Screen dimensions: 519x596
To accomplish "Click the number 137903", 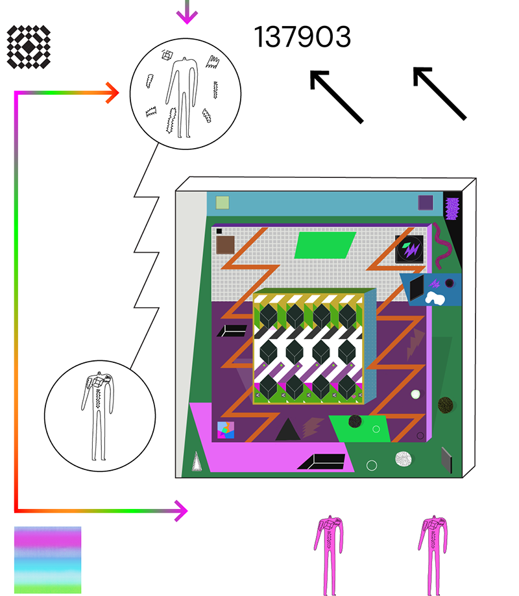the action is [302, 37].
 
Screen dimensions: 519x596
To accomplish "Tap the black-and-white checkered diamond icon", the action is [29, 47].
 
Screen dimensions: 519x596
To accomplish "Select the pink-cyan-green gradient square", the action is [48, 560].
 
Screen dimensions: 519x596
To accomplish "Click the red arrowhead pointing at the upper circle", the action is [113, 93].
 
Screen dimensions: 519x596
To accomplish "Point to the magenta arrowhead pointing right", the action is [181, 511].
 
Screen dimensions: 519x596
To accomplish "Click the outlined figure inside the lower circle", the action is [98, 416].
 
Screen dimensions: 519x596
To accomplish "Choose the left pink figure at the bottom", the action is [329, 555].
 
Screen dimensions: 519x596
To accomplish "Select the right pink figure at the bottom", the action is [433, 555].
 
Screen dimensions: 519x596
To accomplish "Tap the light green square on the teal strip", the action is [223, 203].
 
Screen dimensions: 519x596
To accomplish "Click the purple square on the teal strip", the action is [426, 203].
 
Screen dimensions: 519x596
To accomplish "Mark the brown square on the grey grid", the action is [225, 245].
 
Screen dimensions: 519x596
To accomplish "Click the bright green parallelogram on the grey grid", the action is [325, 245].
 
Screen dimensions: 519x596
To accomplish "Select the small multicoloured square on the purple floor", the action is [226, 430].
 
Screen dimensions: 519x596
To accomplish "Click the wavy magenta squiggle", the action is [442, 245].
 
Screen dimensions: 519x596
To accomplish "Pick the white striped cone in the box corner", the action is [197, 462].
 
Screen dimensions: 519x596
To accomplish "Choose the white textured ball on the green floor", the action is [403, 459].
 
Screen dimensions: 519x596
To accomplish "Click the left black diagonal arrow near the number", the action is [336, 97].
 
